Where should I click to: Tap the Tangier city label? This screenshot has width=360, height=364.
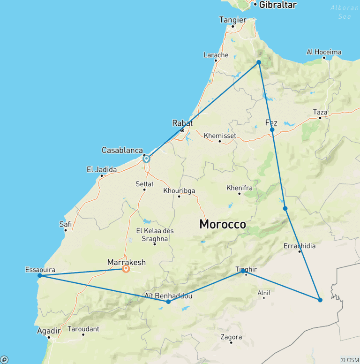(232, 20)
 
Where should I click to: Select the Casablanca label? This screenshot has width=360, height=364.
(122, 150)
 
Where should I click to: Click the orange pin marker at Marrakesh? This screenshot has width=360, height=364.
(126, 269)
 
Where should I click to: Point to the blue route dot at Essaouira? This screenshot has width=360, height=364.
(40, 275)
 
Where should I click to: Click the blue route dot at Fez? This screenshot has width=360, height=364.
(272, 129)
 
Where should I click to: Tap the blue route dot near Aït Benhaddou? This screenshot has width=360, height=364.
(168, 302)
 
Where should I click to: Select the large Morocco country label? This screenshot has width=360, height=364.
(222, 224)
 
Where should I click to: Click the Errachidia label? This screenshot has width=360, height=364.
(300, 246)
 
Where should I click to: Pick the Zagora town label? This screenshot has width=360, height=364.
(231, 337)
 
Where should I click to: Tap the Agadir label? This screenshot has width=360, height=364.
(49, 331)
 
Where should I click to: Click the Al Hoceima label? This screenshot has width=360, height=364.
(324, 52)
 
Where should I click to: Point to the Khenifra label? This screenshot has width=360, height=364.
(239, 188)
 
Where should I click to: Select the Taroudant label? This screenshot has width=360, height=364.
(83, 329)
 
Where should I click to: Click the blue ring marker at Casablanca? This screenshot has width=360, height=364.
(146, 159)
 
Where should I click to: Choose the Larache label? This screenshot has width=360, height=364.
(216, 55)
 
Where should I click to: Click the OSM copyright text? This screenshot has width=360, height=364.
(350, 359)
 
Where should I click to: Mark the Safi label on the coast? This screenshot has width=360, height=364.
(66, 224)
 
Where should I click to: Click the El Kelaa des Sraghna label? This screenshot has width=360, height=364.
(152, 235)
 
